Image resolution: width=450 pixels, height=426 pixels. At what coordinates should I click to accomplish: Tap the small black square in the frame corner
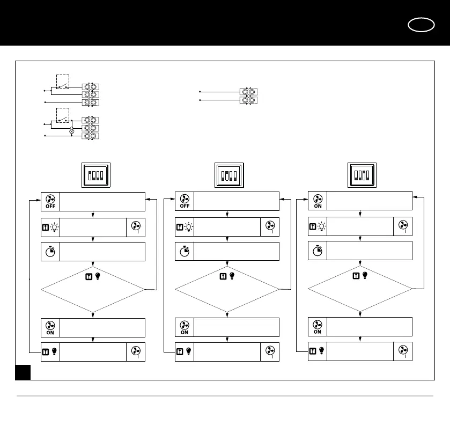pyautogui.click(x=23, y=372)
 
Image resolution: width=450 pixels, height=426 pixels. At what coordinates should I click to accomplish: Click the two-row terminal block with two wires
pyautogui.click(x=248, y=96)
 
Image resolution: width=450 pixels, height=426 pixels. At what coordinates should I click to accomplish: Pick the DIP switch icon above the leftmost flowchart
pyautogui.click(x=95, y=175)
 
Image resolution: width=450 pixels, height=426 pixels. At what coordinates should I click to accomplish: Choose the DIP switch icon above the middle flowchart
pyautogui.click(x=228, y=175)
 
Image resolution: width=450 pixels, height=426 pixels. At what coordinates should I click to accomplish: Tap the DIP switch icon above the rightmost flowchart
pyautogui.click(x=362, y=175)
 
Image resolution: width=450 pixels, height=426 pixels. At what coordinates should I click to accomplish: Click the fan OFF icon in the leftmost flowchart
pyautogui.click(x=50, y=201)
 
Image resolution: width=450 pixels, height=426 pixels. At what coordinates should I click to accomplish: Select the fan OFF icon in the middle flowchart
pyautogui.click(x=185, y=201)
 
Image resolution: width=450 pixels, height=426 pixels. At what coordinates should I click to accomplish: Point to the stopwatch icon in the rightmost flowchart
pyautogui.click(x=317, y=251)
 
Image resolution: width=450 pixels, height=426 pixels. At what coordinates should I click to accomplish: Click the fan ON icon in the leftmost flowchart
pyautogui.click(x=50, y=328)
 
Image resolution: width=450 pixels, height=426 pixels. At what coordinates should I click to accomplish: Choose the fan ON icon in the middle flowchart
pyautogui.click(x=185, y=328)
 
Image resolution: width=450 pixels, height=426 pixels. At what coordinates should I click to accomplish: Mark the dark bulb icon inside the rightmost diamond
pyautogui.click(x=365, y=275)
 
